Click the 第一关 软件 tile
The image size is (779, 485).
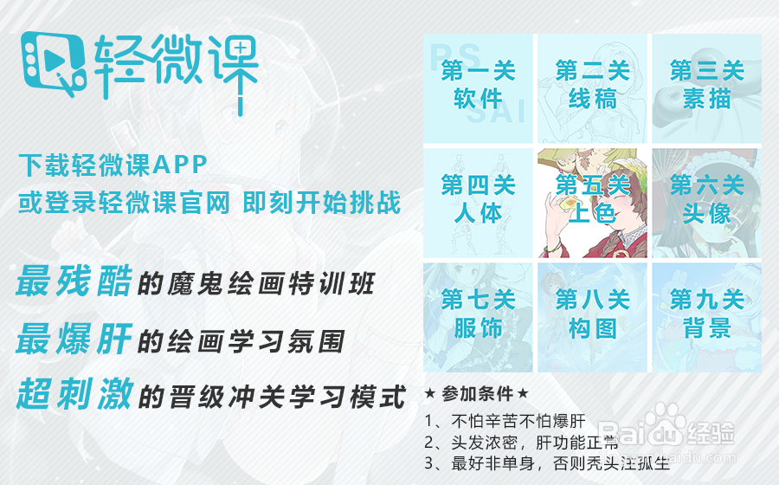tap(478, 87)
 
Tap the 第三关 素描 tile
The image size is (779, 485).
tap(706, 87)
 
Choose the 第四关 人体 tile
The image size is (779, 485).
tap(478, 202)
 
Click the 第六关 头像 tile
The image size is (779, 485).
tap(706, 202)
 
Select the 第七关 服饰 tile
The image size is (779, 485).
tap(478, 316)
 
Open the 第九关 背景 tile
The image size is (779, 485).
tap(706, 316)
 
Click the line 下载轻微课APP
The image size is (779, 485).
tap(113, 164)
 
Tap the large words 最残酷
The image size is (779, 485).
tap(74, 281)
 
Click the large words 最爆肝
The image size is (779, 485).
tap(74, 339)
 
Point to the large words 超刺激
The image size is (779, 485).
tap(74, 395)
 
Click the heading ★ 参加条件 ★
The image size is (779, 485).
tap(475, 394)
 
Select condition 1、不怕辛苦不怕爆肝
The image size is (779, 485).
tap(506, 423)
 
